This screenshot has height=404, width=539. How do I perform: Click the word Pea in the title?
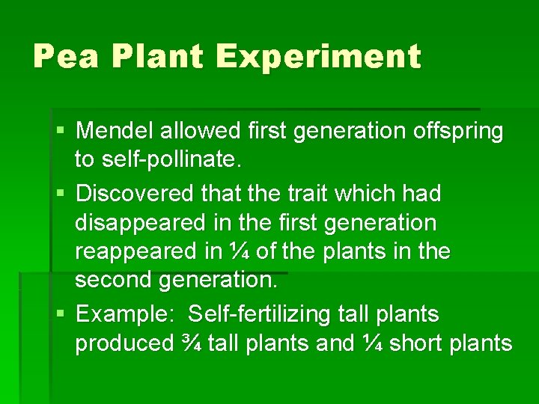[66, 57]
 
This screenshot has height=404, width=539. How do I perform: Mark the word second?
[114, 281]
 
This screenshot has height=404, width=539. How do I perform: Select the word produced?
[124, 343]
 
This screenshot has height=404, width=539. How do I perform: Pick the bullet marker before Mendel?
[61, 132]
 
